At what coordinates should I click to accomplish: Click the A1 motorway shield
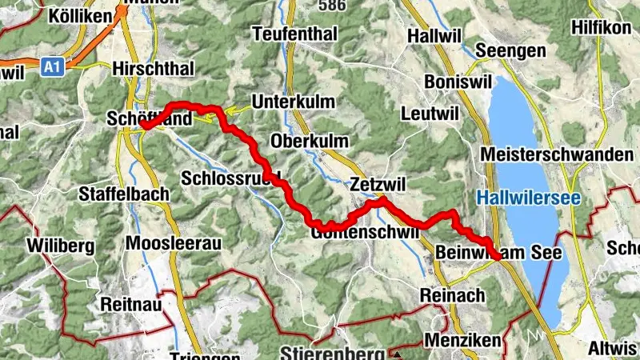(52, 69)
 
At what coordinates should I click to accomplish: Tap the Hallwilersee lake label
(528, 198)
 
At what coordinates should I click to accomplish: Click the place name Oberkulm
(310, 141)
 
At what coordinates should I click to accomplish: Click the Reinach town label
(453, 295)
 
